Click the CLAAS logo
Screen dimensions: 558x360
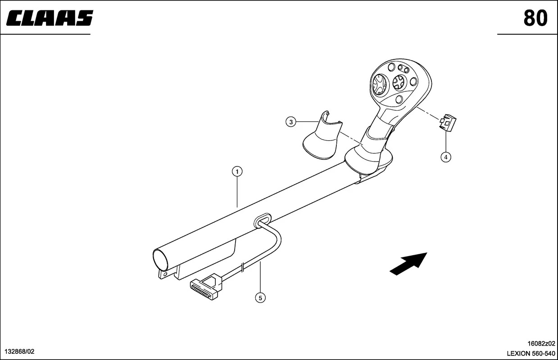coord(50,18)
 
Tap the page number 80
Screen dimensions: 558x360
coord(535,18)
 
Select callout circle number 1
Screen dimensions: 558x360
coord(237,171)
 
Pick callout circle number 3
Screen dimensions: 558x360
coord(290,122)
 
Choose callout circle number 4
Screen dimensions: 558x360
coord(446,157)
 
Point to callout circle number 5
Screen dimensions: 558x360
coord(260,298)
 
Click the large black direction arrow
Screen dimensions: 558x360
coord(408,264)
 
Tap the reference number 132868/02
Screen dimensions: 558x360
coord(20,351)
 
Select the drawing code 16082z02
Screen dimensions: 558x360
coord(541,343)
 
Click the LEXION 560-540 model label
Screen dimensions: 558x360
coord(531,353)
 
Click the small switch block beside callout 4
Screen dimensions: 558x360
coord(448,123)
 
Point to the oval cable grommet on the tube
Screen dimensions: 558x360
coord(262,220)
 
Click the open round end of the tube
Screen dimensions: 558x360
coord(161,260)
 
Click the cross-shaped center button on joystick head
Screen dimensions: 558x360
coord(400,83)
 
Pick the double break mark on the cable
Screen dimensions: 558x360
coord(243,267)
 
